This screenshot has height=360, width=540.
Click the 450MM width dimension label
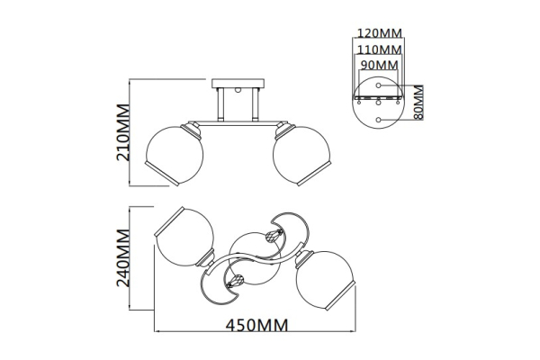coord(256,325)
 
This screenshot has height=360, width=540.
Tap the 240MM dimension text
coord(123,257)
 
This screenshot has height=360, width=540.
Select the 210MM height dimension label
coord(123,132)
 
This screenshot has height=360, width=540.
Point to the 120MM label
coord(379,33)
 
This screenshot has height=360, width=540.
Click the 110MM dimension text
coord(379,50)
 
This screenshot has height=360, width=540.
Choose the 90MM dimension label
coord(379,65)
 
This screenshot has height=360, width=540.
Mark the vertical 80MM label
coord(418,103)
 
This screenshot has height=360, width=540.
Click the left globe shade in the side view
coord(175,156)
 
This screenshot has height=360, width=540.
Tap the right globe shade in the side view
coord(301,156)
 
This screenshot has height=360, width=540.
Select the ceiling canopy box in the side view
coord(238,84)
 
